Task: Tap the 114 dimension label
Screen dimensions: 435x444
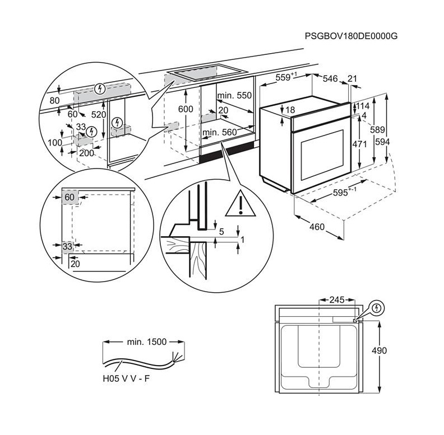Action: click(362, 106)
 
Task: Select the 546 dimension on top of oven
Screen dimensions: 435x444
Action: click(330, 79)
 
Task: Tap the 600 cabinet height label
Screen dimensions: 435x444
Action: click(185, 110)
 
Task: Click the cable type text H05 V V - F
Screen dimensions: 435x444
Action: click(126, 379)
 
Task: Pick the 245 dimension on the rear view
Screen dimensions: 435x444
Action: click(336, 300)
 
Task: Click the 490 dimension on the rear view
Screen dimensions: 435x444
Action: click(395, 350)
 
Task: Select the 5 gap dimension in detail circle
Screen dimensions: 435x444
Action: click(222, 231)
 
